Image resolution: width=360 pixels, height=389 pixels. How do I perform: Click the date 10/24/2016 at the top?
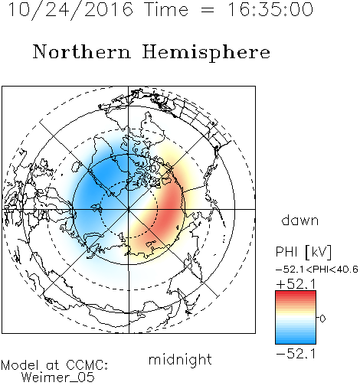pos(70,10)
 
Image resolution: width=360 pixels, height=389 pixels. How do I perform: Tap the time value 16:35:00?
pos(270,9)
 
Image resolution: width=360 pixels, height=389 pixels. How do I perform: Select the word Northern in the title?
pos(82,52)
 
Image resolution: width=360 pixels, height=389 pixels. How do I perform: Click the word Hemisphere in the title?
pos(206,53)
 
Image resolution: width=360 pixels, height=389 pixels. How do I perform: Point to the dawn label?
pos(300,220)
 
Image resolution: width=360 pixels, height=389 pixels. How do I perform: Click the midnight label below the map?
pos(180,359)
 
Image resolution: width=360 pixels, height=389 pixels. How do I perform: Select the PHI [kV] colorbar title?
pos(303,252)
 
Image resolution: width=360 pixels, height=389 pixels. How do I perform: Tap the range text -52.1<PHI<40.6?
pos(317,270)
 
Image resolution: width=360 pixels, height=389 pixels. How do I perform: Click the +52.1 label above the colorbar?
pos(296,284)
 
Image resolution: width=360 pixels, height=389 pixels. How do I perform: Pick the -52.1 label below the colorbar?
pos(296,354)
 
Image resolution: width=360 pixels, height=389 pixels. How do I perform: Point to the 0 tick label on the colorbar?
pos(322,319)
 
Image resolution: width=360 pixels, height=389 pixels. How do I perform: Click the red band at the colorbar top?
pos(296,294)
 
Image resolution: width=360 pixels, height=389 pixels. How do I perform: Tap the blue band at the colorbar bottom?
pos(296,341)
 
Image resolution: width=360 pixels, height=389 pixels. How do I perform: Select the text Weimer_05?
pos(58,378)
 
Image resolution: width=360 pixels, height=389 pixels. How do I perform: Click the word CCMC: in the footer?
pos(87,365)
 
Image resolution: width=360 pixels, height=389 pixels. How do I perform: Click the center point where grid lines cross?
pos(129,209)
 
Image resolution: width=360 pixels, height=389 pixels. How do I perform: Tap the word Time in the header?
pos(166,10)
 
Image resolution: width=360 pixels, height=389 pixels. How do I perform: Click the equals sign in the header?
pos(208,10)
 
